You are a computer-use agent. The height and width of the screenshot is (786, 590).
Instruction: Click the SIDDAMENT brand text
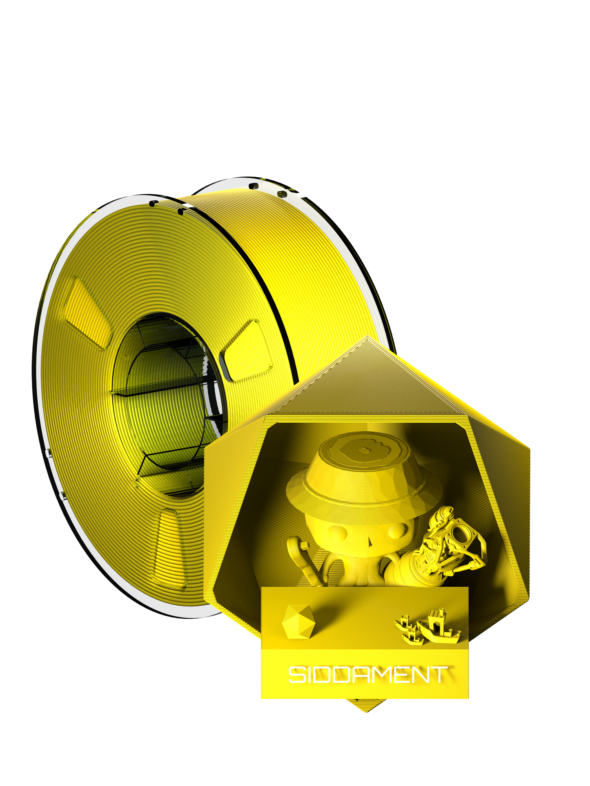[x=367, y=675]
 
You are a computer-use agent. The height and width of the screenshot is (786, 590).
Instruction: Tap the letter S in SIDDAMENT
[x=297, y=675]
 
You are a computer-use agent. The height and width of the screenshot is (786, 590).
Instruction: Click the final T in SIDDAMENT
[x=440, y=675]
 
